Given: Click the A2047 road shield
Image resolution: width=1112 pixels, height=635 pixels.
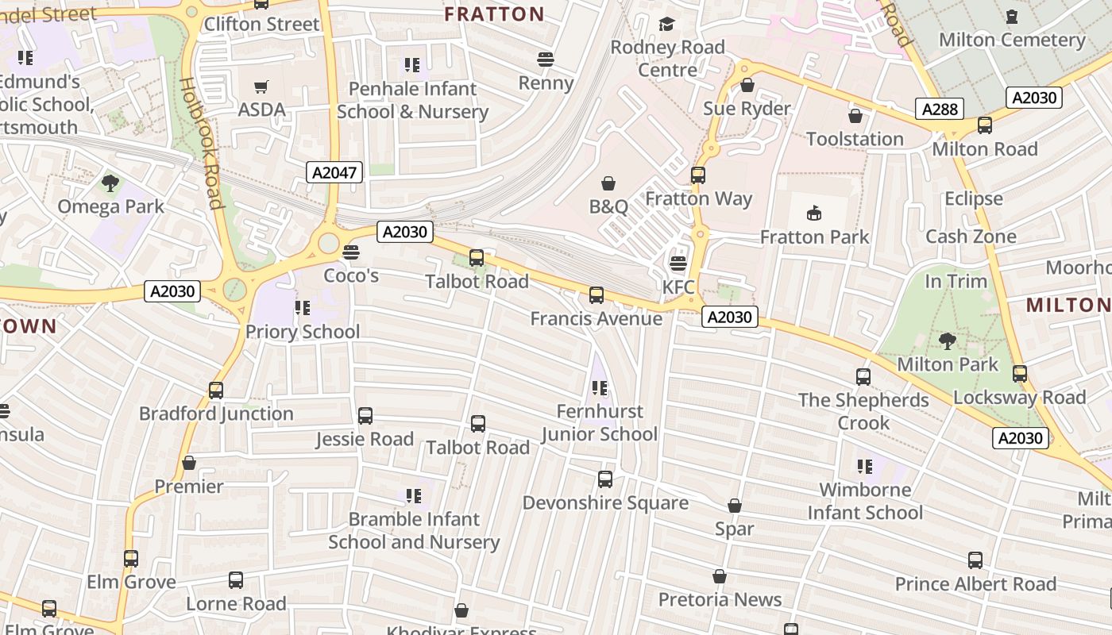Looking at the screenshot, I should click(334, 172).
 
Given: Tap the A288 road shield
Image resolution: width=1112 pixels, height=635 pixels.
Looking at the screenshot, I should click(940, 110).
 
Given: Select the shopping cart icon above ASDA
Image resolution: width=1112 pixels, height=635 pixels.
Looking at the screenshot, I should click(261, 87).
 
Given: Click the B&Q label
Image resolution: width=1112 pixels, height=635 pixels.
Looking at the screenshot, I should click(608, 206).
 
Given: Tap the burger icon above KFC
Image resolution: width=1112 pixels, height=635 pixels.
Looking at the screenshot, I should click(678, 264).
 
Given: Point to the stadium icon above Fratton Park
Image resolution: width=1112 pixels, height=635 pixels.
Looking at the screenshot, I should click(814, 213).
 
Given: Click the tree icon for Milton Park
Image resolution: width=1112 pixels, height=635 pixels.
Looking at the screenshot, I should click(947, 341).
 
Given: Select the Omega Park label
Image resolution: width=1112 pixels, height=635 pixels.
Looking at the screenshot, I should click(110, 206).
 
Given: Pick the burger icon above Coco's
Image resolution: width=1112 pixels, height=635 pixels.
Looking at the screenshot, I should click(350, 252).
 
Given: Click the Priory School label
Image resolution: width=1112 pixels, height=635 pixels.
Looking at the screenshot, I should click(303, 331).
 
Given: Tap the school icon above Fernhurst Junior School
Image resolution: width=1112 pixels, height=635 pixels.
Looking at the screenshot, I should click(600, 388).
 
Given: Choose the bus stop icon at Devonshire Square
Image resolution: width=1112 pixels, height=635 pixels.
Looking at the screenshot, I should click(605, 479).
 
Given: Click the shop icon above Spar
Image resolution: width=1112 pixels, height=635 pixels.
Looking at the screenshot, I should click(735, 506).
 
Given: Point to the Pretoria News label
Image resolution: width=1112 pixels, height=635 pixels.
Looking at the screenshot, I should click(720, 599).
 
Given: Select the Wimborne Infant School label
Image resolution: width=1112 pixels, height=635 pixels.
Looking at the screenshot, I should click(865, 501).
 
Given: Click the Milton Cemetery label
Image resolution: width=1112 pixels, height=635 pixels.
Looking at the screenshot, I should click(1011, 40).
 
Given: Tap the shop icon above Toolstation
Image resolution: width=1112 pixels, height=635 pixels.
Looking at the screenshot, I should click(855, 117).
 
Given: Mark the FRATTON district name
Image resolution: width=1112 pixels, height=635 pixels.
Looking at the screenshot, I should click(494, 14).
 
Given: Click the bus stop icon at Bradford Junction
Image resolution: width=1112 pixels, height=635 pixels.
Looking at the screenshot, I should click(216, 391).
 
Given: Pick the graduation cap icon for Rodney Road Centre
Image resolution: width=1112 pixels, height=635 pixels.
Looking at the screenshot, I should click(666, 25).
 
